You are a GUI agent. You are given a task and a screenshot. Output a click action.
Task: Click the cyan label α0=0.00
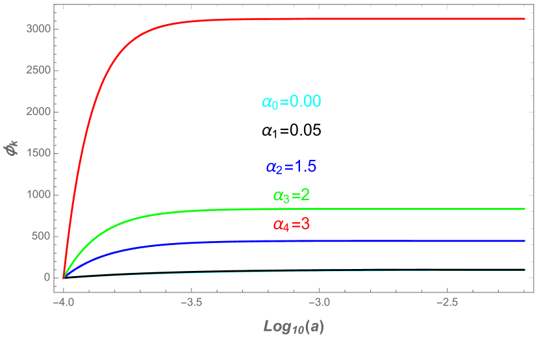pyautogui.click(x=292, y=102)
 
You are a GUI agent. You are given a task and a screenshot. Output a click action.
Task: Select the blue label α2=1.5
pyautogui.click(x=291, y=167)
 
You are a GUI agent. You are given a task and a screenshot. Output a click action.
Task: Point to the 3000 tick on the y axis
pyautogui.click(x=37, y=29)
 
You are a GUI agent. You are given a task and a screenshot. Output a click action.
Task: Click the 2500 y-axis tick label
pyautogui.click(x=37, y=71)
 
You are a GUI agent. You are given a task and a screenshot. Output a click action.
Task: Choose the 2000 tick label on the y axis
pyautogui.click(x=37, y=112)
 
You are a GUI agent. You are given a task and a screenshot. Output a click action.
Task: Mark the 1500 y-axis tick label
pyautogui.click(x=37, y=154)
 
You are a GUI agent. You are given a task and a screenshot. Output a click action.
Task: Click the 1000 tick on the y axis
pyautogui.click(x=37, y=195)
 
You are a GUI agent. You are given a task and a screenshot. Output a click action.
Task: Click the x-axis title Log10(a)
pyautogui.click(x=294, y=326)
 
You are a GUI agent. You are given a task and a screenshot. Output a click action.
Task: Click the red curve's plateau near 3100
pyautogui.click(x=390, y=19)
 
